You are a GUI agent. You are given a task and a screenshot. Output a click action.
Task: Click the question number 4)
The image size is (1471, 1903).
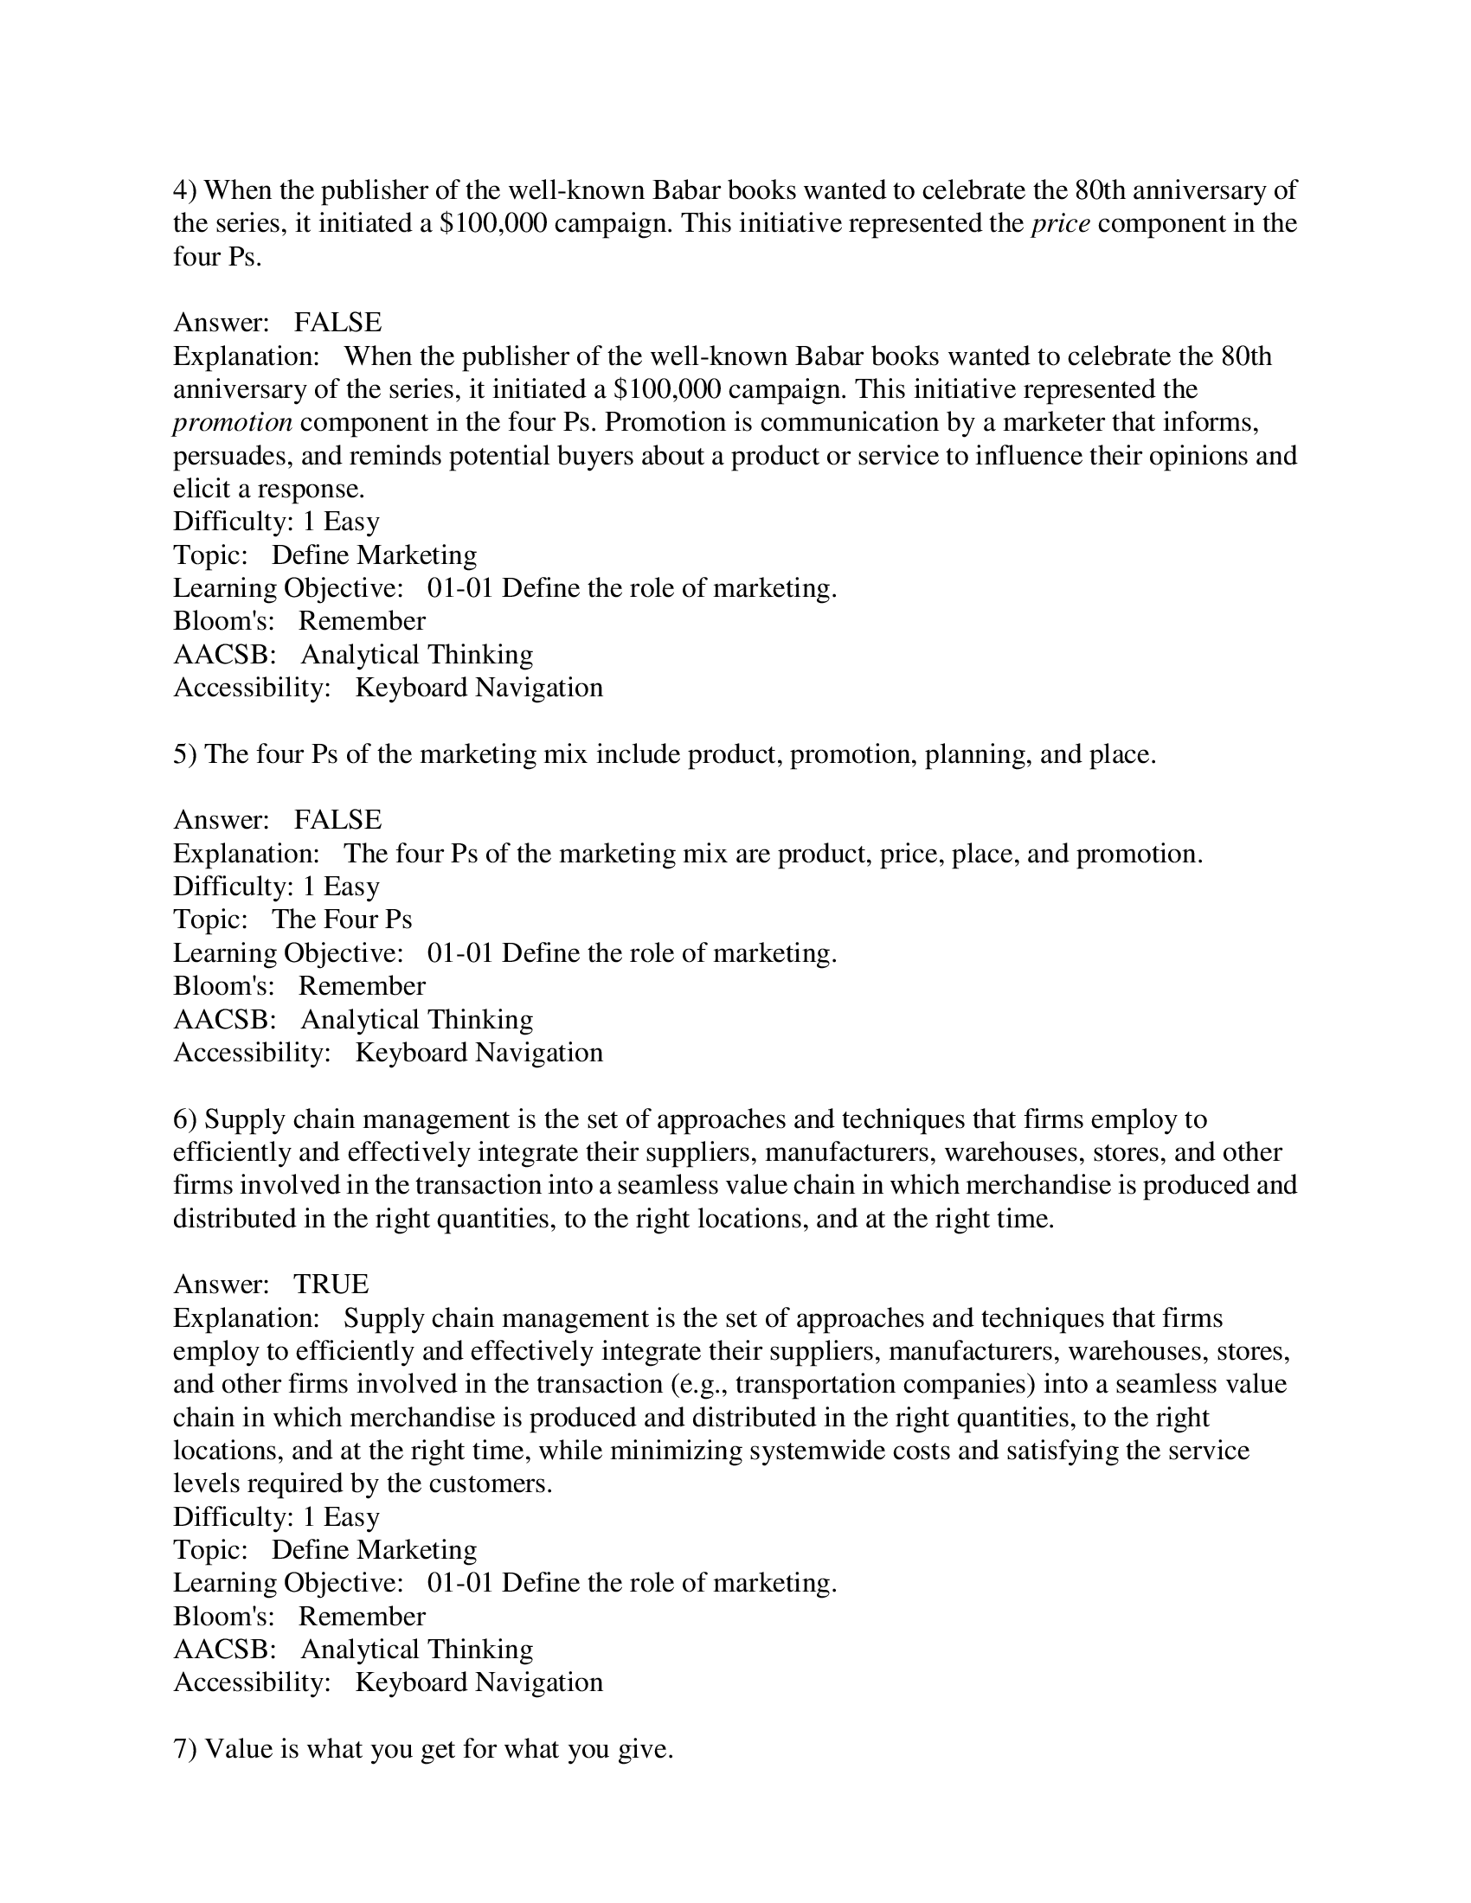pos(185,190)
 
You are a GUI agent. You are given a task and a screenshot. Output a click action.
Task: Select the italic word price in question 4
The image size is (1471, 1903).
pos(1061,224)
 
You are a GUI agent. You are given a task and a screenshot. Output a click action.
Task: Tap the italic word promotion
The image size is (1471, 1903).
pos(232,423)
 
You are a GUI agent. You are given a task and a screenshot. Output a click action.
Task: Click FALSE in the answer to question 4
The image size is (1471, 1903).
pos(337,324)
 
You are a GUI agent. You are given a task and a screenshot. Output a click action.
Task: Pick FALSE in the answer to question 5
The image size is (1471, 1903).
pos(337,820)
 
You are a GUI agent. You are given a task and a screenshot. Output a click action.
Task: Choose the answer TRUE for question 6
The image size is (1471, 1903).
pos(331,1285)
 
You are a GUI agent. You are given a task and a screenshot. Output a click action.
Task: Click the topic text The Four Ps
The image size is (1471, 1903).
pos(342,919)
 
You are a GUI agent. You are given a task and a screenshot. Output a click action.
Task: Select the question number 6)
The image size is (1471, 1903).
pos(185,1118)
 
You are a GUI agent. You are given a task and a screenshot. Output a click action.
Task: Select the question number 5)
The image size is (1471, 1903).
pos(185,754)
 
